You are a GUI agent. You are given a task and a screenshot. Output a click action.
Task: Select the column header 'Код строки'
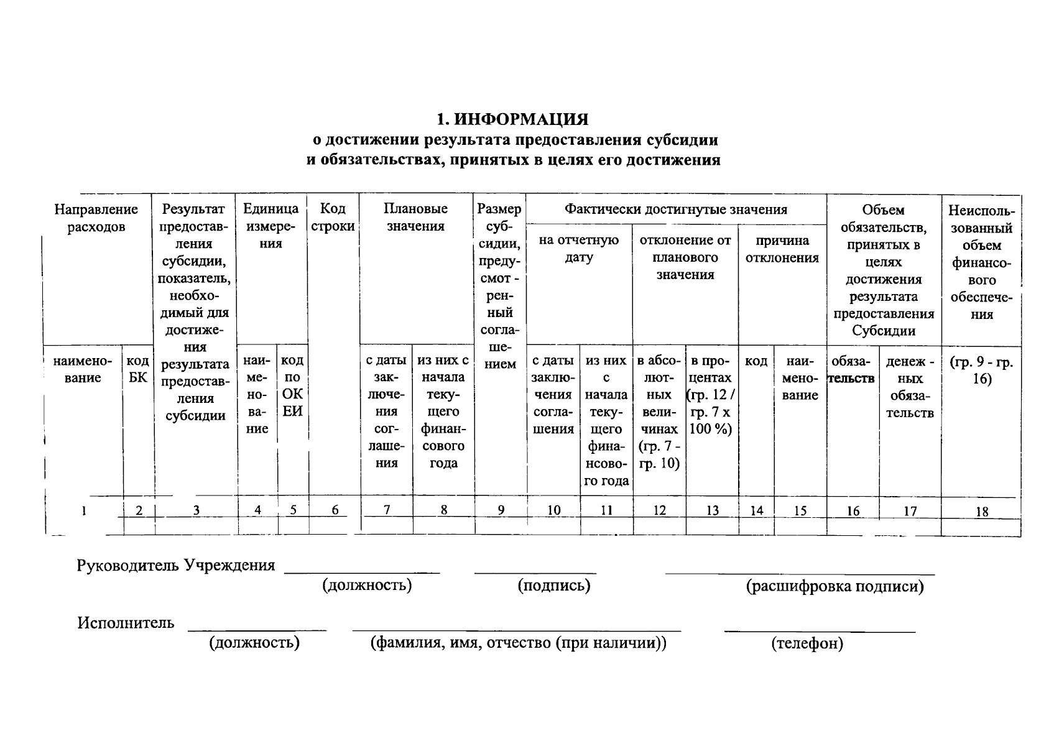(x=333, y=218)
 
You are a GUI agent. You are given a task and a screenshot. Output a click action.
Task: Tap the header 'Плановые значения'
(x=415, y=218)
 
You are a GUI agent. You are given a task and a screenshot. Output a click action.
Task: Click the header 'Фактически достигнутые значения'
(x=675, y=210)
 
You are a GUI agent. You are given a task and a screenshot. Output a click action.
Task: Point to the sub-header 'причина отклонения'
(x=782, y=249)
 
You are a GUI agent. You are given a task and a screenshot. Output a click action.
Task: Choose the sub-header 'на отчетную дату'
(x=578, y=249)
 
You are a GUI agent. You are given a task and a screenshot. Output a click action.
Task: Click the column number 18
(x=981, y=512)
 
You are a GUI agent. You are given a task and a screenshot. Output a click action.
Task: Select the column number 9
(x=501, y=510)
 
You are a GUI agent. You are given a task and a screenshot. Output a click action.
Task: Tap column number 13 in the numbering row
(x=712, y=511)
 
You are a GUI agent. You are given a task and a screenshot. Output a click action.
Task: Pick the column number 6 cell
(x=335, y=510)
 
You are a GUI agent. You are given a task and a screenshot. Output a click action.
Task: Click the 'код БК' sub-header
(x=137, y=369)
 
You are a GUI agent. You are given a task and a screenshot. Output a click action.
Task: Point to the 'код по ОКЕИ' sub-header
(x=292, y=385)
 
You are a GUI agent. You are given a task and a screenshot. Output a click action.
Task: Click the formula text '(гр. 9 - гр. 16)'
(x=981, y=371)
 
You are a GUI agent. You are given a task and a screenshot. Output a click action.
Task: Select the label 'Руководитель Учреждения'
(x=175, y=566)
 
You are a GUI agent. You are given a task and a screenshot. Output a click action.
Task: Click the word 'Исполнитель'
(x=126, y=623)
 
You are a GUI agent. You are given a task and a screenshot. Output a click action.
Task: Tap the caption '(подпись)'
(x=553, y=586)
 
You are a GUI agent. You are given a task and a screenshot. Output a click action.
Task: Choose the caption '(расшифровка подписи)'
(x=834, y=586)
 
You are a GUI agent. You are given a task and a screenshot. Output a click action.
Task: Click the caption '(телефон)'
(x=807, y=643)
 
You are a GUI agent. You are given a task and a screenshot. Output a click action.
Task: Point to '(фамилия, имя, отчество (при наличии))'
(x=518, y=643)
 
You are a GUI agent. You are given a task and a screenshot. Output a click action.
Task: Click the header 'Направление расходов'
(x=96, y=218)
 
